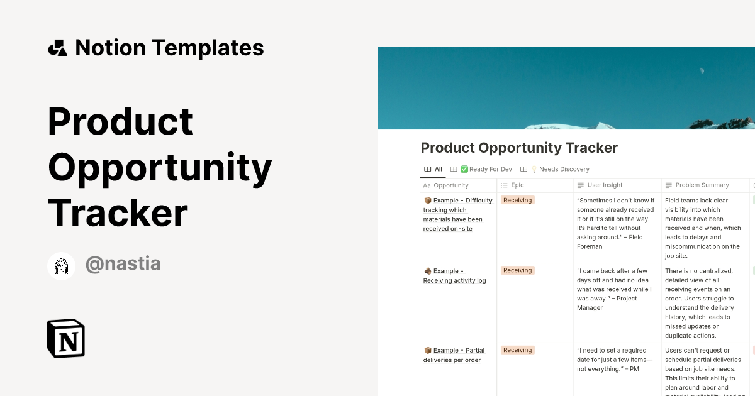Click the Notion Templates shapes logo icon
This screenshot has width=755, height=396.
pos(57,48)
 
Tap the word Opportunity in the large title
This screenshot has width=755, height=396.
pos(160,167)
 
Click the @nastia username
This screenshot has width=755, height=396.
pos(123,264)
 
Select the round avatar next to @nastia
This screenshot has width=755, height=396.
pos(62,266)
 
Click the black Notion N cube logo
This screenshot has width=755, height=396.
pos(66,338)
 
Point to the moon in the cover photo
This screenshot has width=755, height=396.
pos(702,70)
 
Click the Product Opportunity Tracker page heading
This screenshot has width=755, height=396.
pos(519,148)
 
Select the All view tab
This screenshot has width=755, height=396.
pos(433,169)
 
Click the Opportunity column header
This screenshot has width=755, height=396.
pos(450,185)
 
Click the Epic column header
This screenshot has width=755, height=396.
pos(517,185)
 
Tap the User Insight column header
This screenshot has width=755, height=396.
pos(604,185)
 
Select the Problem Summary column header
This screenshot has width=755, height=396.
pos(702,185)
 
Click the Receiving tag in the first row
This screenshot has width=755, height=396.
pos(517,201)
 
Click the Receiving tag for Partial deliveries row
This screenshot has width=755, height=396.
pos(517,351)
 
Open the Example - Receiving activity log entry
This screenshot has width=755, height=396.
pos(454,276)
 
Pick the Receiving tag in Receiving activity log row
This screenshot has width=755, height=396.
pos(517,271)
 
